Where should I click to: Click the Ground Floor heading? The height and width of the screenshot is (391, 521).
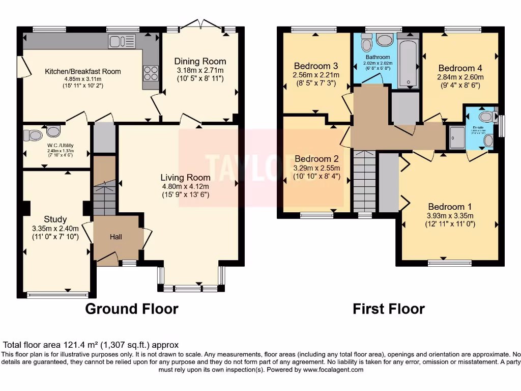click(x=131, y=309)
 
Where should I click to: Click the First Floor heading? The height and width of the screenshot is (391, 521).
click(x=389, y=309)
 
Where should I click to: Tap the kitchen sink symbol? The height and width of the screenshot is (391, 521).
click(x=122, y=41)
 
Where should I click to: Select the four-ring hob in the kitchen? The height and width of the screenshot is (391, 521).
click(x=151, y=74)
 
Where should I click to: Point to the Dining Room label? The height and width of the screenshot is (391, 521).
click(x=200, y=61)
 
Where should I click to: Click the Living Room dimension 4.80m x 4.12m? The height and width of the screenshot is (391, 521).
click(x=185, y=186)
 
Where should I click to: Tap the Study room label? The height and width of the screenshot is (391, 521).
click(x=55, y=219)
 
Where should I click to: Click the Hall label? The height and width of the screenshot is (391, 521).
click(x=116, y=237)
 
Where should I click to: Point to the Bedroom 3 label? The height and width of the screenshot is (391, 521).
click(x=315, y=66)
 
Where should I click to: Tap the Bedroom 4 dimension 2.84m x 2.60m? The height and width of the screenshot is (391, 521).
click(x=460, y=77)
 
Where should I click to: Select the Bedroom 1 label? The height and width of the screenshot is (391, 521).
click(x=449, y=206)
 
